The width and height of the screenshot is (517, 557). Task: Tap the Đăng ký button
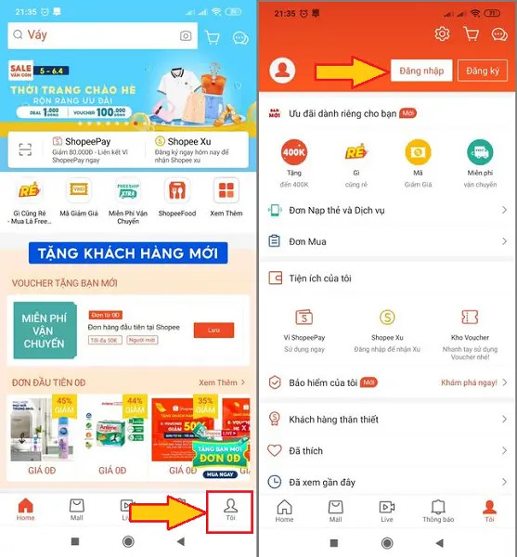click(x=482, y=71)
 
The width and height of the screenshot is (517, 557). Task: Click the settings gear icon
click(x=442, y=34)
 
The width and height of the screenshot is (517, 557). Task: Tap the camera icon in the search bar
click(x=186, y=36)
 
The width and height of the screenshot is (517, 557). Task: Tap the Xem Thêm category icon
click(x=226, y=192)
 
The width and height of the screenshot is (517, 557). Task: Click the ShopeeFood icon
click(x=176, y=192)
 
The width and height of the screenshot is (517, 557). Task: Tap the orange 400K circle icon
click(x=295, y=151)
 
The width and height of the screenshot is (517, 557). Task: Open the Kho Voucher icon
click(x=469, y=317)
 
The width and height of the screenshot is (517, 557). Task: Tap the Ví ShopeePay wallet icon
click(x=306, y=317)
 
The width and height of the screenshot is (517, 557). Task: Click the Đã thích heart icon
click(x=275, y=450)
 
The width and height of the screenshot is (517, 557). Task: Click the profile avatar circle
click(x=281, y=71)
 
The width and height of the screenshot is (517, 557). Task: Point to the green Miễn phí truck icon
click(x=480, y=151)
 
